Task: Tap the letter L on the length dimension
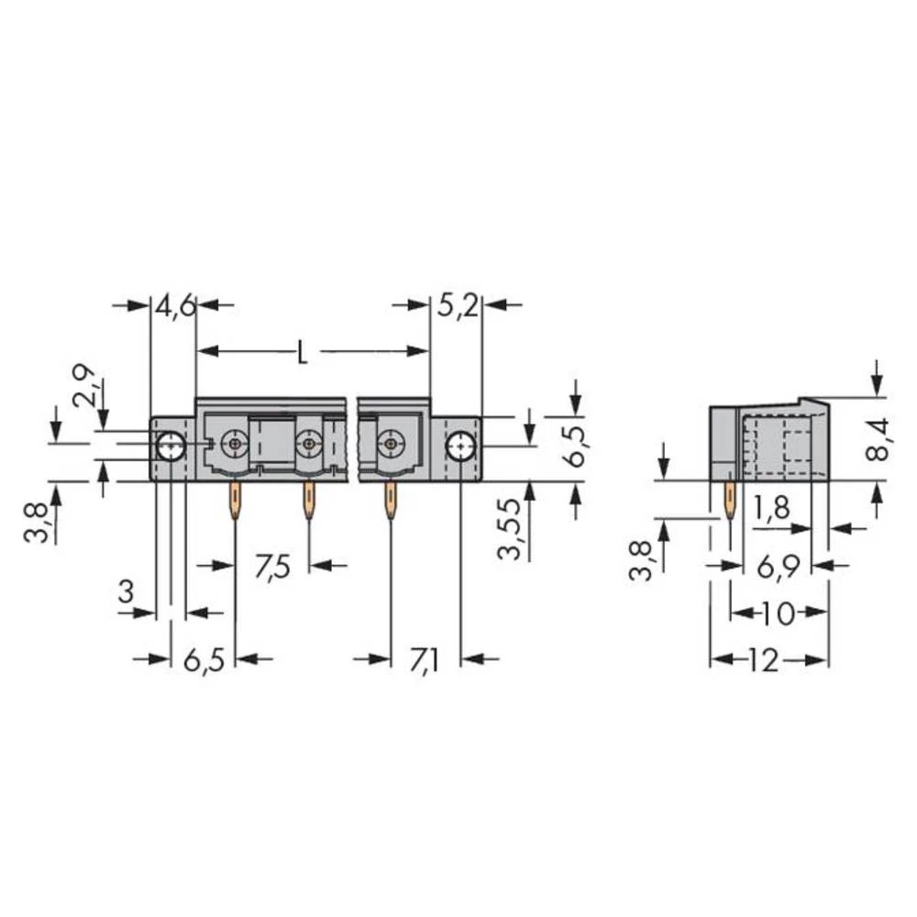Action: tap(302, 352)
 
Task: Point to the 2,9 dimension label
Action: tap(83, 385)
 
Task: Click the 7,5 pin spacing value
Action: tap(272, 567)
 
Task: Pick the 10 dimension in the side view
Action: tap(779, 613)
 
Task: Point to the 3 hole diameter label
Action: tap(126, 593)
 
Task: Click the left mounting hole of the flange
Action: tap(171, 447)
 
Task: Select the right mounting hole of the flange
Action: tap(458, 447)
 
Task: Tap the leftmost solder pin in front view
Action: tap(237, 501)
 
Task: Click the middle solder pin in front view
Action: tap(308, 501)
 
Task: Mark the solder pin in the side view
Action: tap(730, 501)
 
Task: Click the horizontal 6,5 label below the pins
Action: tap(204, 660)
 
